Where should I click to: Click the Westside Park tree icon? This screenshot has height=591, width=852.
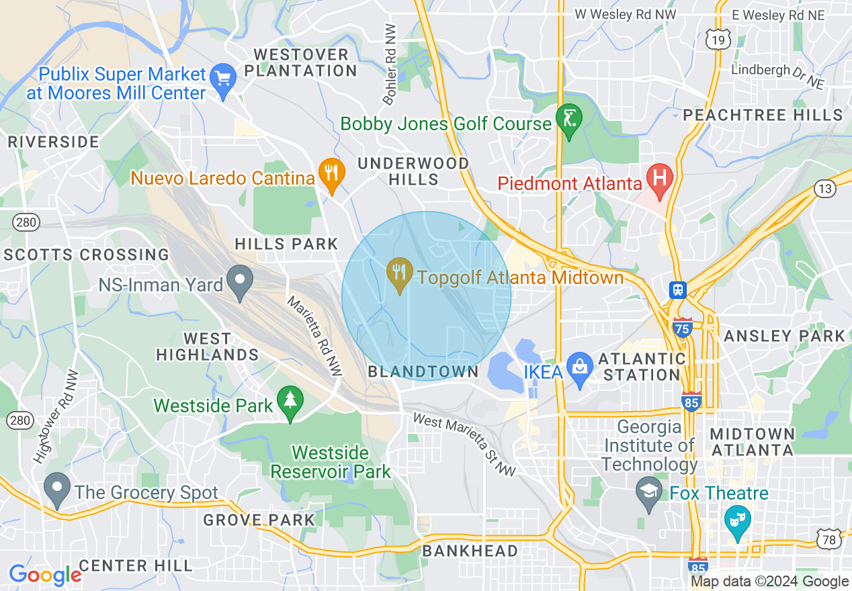point(290,402)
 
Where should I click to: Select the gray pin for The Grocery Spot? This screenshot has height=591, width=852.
point(56,489)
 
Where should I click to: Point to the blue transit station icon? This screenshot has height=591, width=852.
point(677,290)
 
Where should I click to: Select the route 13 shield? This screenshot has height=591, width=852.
point(826,189)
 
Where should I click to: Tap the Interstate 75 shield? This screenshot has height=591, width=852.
point(683,328)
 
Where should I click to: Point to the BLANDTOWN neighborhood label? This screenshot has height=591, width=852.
point(423,372)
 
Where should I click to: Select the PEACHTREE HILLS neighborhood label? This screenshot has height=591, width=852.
point(763,116)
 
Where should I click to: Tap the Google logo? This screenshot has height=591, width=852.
point(45,575)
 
